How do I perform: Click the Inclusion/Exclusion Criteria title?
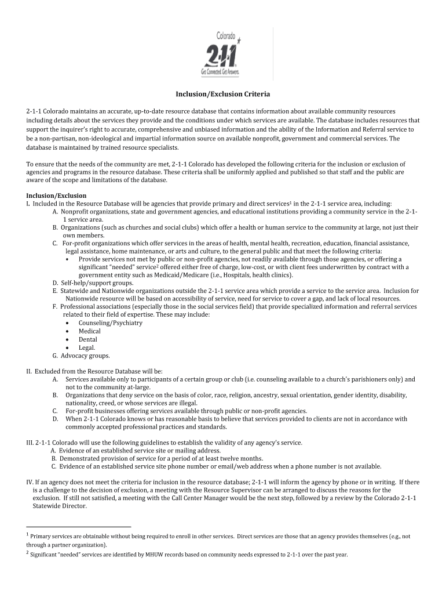click(223, 93)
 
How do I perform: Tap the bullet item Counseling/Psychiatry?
click(110, 323)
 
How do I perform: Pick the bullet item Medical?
click(89, 331)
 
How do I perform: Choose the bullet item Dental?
click(88, 339)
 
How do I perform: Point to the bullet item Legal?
click(87, 347)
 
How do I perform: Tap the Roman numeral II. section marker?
click(29, 371)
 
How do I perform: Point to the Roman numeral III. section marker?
click(30, 443)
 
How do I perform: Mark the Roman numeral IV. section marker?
click(30, 482)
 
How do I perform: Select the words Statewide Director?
click(59, 506)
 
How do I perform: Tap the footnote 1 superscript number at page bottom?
click(27, 535)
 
